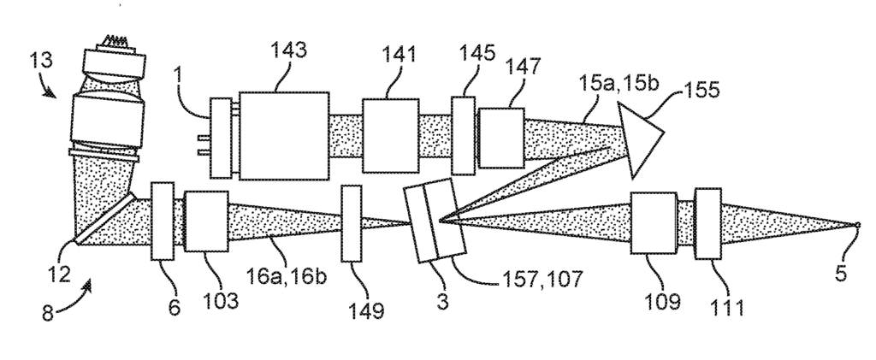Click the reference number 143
pos(289,50)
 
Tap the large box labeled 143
pos(284,136)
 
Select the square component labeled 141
pos(390,136)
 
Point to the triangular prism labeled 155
pos(640,138)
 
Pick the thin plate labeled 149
pos(352,223)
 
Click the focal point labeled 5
pos(859,225)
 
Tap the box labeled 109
pos(654,223)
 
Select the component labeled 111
pos(707,223)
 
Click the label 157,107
pos(542,279)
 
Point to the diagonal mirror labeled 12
pos(105,218)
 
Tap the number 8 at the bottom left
pos(49,313)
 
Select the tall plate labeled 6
pos(163,221)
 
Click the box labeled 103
pos(206,221)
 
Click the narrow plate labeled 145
pos(463,136)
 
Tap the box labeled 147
pos(501,138)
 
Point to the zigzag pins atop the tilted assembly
pos(116,41)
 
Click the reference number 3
pos(442,302)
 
